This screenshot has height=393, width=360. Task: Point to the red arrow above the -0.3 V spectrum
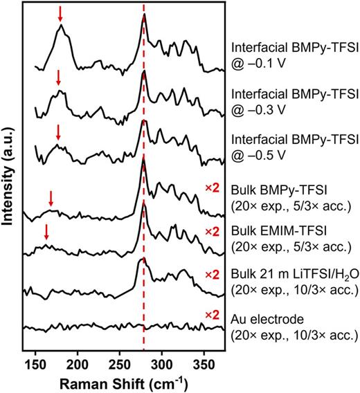[x=59, y=77]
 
